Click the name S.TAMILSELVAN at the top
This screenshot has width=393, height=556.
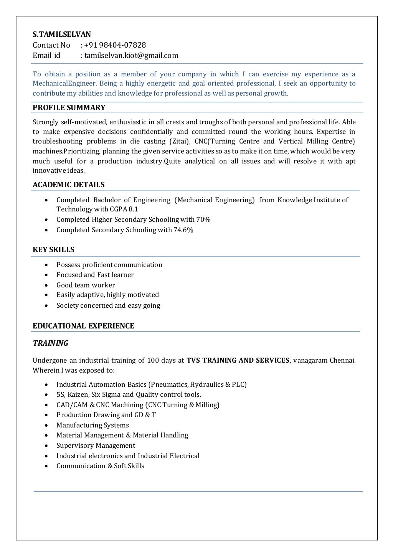(62, 35)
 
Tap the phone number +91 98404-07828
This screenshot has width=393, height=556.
(115, 45)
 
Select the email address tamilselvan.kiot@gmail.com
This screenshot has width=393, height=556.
(131, 56)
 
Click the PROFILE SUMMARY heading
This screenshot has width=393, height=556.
(69, 108)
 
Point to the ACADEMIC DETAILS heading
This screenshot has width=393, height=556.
(68, 185)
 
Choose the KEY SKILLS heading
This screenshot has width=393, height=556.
(53, 250)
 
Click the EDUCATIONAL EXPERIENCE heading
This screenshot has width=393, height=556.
(83, 326)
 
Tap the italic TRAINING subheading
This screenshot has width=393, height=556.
(50, 343)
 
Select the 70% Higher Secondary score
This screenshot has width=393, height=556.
(203, 220)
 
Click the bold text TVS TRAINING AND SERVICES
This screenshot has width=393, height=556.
(238, 361)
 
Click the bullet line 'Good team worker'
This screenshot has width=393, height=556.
(86, 285)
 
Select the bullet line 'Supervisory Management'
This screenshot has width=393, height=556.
(96, 446)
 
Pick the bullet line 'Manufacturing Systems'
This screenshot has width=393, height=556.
(92, 426)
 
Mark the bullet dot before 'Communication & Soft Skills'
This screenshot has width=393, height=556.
(46, 466)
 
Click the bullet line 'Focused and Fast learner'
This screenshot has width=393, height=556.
(95, 275)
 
